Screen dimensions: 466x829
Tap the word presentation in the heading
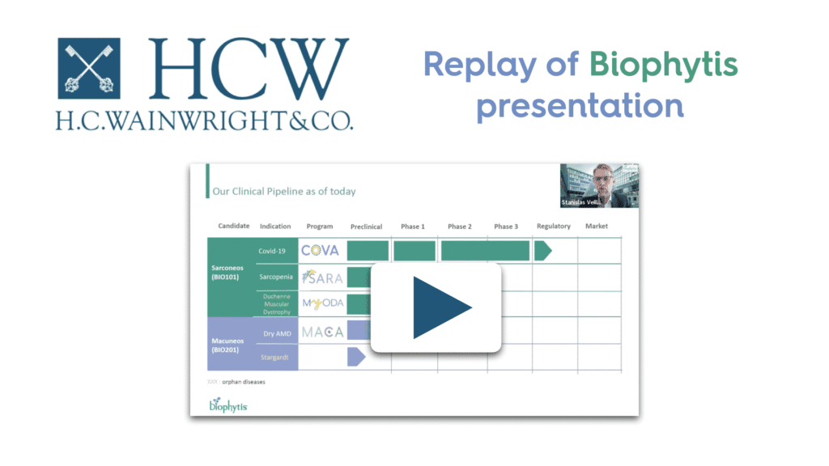click(579, 105)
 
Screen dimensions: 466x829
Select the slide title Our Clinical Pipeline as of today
click(283, 192)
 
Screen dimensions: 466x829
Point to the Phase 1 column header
click(412, 227)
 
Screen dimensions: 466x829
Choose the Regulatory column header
click(553, 227)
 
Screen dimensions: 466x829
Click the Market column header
click(597, 227)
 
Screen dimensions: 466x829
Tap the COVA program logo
click(321, 251)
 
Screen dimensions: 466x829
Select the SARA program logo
click(321, 277)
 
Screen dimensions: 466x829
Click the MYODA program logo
click(321, 303)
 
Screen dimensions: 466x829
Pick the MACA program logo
click(321, 331)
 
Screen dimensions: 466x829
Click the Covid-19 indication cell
click(273, 251)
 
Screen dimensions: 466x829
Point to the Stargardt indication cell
click(273, 357)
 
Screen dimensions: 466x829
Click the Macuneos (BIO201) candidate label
click(229, 345)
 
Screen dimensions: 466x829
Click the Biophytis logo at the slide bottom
click(228, 404)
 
